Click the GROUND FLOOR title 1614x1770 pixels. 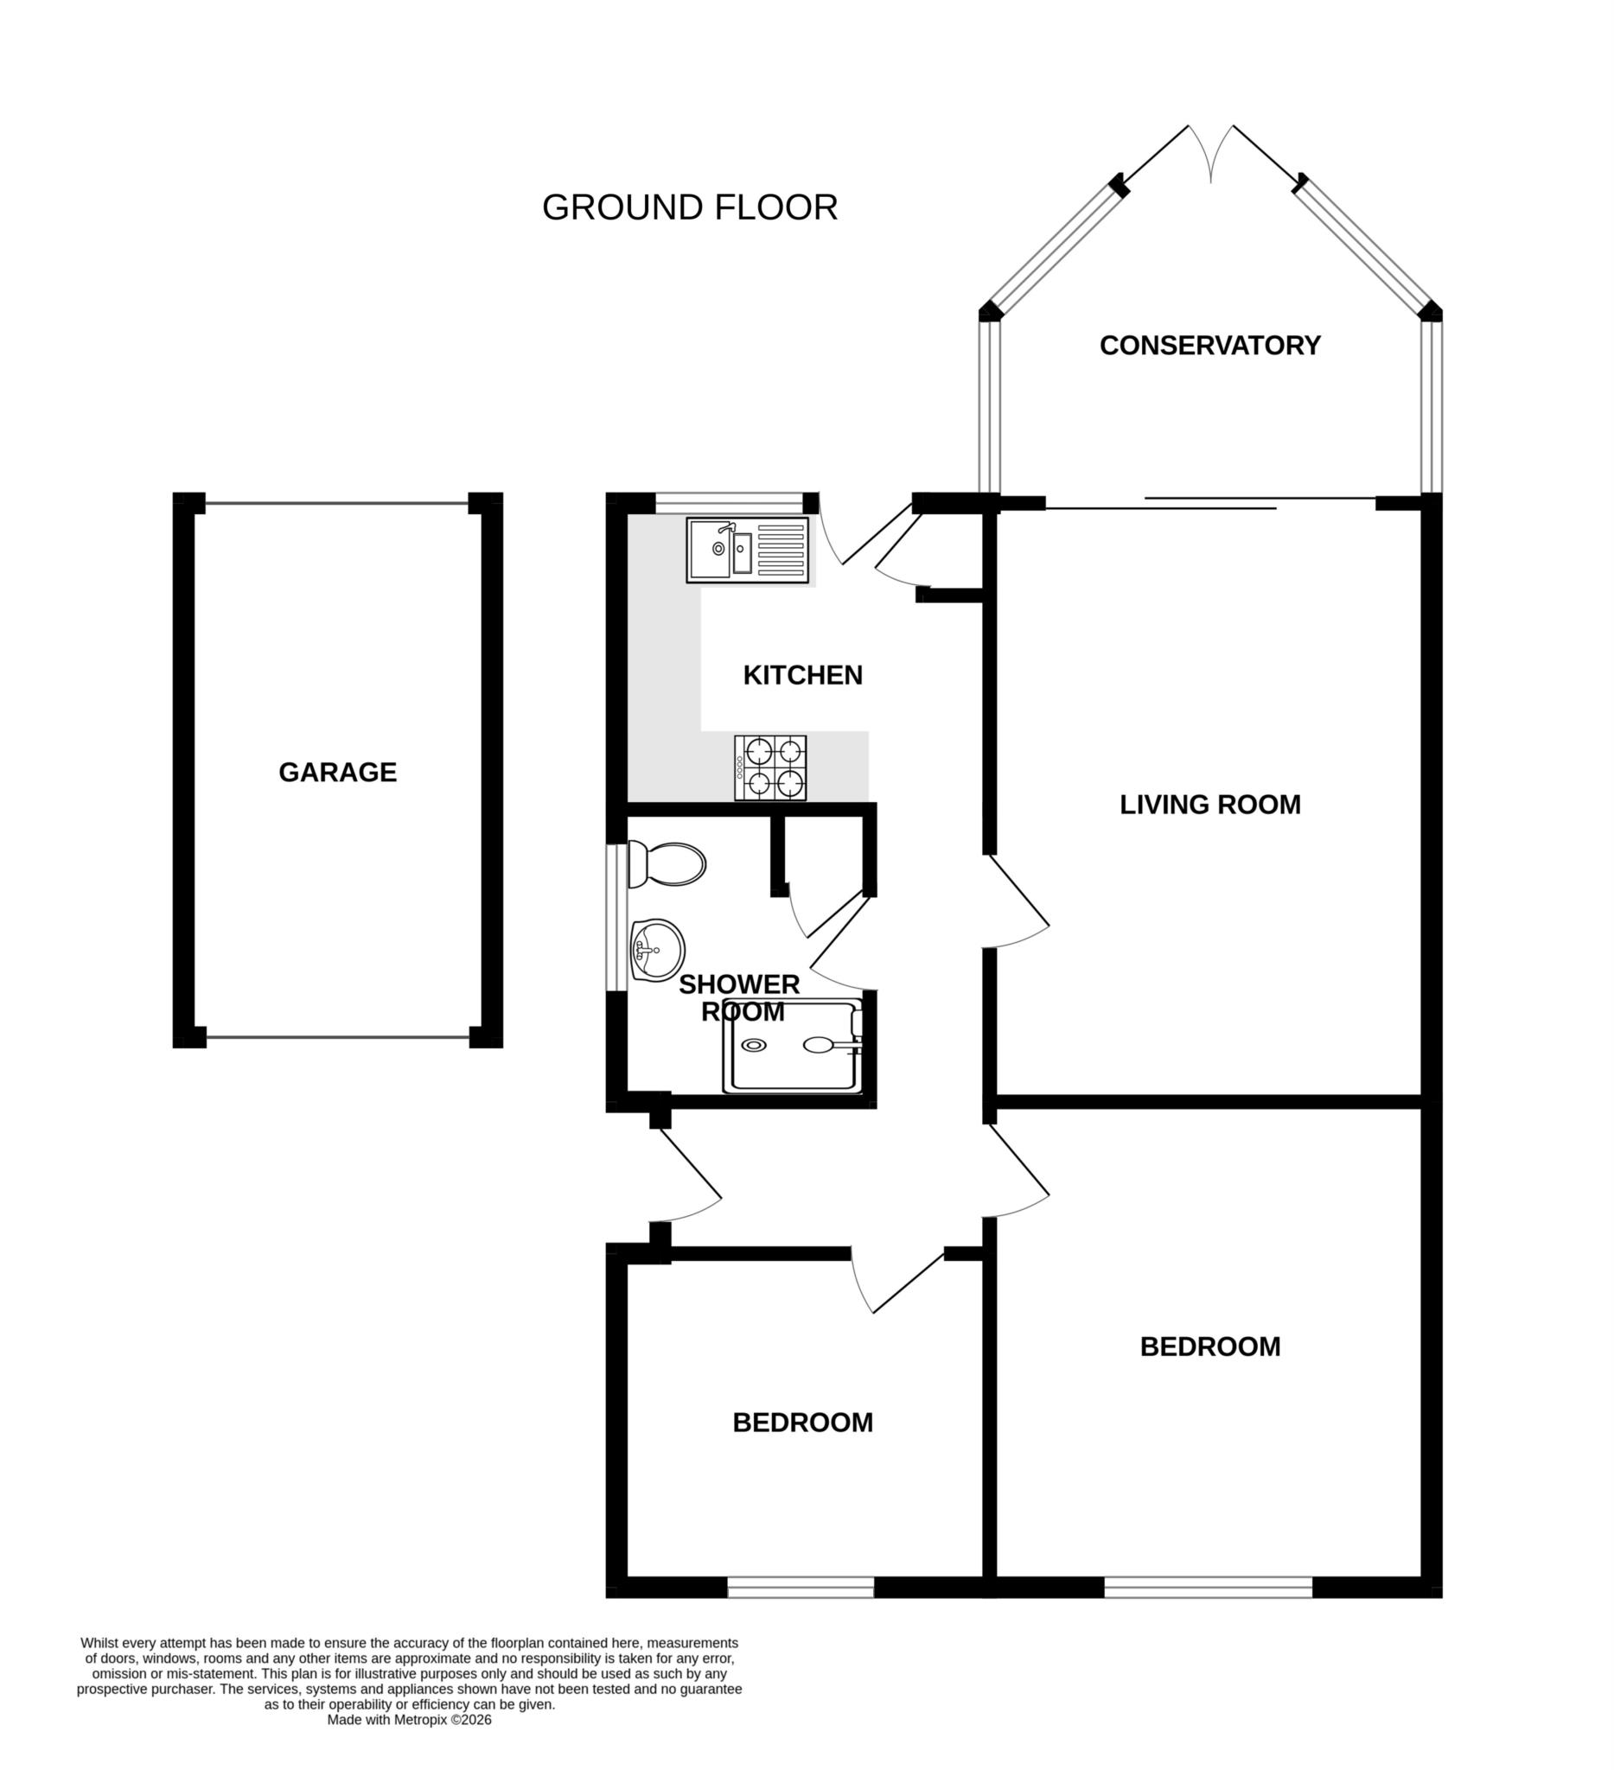pyautogui.click(x=689, y=208)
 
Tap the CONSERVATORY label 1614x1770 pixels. pyautogui.click(x=1209, y=345)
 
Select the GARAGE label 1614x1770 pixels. pyautogui.click(x=337, y=772)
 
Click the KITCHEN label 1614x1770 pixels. pyautogui.click(x=801, y=675)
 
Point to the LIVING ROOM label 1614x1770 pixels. pyautogui.click(x=1209, y=805)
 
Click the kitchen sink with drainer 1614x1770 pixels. pyautogui.click(x=747, y=550)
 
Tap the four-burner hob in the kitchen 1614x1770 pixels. pyautogui.click(x=770, y=768)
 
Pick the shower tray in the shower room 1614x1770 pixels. pyautogui.click(x=793, y=1047)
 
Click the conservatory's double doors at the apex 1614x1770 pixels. pyautogui.click(x=1211, y=154)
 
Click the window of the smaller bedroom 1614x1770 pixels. pyautogui.click(x=800, y=1588)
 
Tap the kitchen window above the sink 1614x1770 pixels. pyautogui.click(x=729, y=502)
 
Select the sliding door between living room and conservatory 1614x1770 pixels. pyautogui.click(x=1210, y=503)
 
